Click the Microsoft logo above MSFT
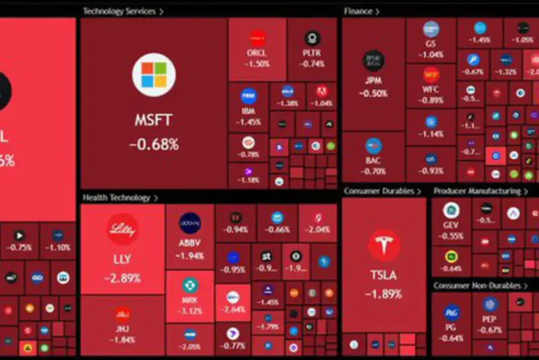pos(154,75)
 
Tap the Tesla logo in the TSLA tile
pos(384,245)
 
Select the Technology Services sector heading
pos(119,11)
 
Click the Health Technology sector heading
pos(117,198)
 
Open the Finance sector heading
pos(358,11)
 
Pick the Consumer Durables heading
pos(379,191)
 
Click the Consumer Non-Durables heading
pos(477,286)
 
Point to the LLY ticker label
pos(122,260)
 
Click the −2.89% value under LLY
pos(122,278)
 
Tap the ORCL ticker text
pos(257,53)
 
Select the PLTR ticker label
pos(312,53)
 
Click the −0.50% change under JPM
pos(373,94)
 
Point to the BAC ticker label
pos(373,162)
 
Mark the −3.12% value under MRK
pos(189,311)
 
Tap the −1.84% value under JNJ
pos(122,339)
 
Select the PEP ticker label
pos(490,320)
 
